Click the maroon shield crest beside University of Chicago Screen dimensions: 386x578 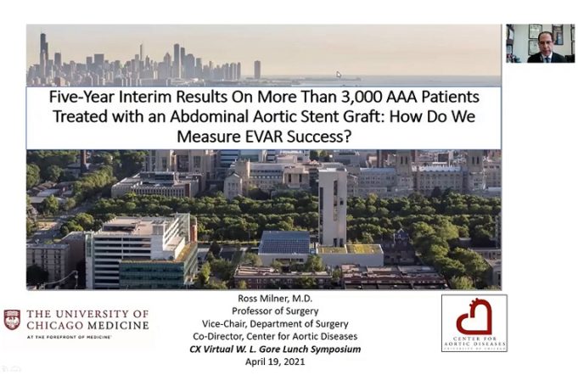tap(12, 320)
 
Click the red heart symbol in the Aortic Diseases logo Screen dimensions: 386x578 tap(473, 319)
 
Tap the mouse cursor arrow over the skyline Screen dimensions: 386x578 tap(339, 75)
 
